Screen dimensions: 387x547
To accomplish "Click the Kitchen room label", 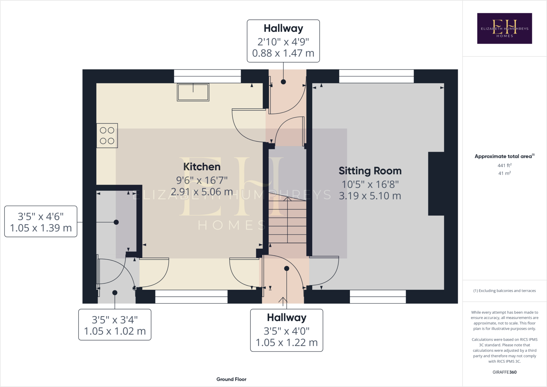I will [202, 167].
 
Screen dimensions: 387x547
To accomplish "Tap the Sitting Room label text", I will [370, 171].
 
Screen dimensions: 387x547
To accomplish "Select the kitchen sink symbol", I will [193, 92].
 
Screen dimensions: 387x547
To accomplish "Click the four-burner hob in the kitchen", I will [107, 135].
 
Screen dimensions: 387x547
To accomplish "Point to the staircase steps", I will [287, 222].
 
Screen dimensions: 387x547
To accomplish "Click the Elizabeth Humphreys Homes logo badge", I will [504, 28].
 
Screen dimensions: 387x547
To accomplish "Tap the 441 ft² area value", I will [504, 166].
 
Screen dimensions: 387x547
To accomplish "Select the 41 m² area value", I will [504, 173].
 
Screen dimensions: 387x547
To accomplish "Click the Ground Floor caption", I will [231, 379].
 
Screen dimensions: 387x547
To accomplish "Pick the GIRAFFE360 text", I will [504, 372].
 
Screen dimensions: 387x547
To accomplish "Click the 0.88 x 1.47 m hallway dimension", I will [283, 53].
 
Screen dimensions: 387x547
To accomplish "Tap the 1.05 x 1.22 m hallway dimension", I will [287, 342].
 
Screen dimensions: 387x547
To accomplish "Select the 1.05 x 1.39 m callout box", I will [41, 222].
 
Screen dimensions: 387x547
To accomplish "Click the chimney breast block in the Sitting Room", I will [436, 184].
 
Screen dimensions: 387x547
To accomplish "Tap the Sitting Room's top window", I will [376, 76].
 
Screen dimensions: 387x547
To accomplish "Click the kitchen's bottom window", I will [191, 297].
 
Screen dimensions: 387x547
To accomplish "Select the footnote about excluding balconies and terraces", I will [504, 291].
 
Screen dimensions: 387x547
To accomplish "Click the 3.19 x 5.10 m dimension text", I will [370, 196].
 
